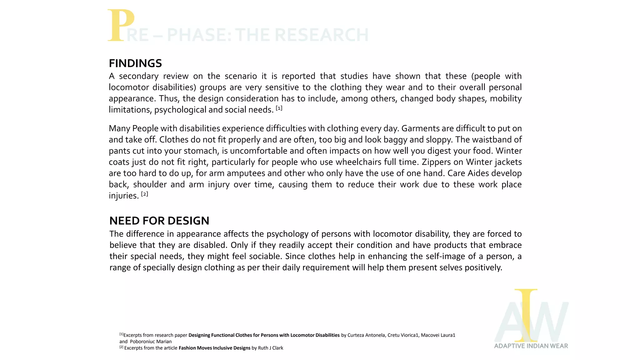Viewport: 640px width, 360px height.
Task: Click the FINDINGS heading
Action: point(135,63)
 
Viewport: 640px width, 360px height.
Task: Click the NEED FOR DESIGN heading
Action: point(159,221)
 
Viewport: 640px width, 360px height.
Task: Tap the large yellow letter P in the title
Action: point(121,26)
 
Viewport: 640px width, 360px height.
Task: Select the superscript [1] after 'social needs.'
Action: point(279,108)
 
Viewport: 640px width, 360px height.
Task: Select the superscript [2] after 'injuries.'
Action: point(144,194)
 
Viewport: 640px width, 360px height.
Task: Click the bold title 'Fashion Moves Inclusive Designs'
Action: point(214,348)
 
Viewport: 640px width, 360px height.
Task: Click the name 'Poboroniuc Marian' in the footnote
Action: point(151,342)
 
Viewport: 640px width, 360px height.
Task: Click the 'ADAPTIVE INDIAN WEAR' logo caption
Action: point(531,346)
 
